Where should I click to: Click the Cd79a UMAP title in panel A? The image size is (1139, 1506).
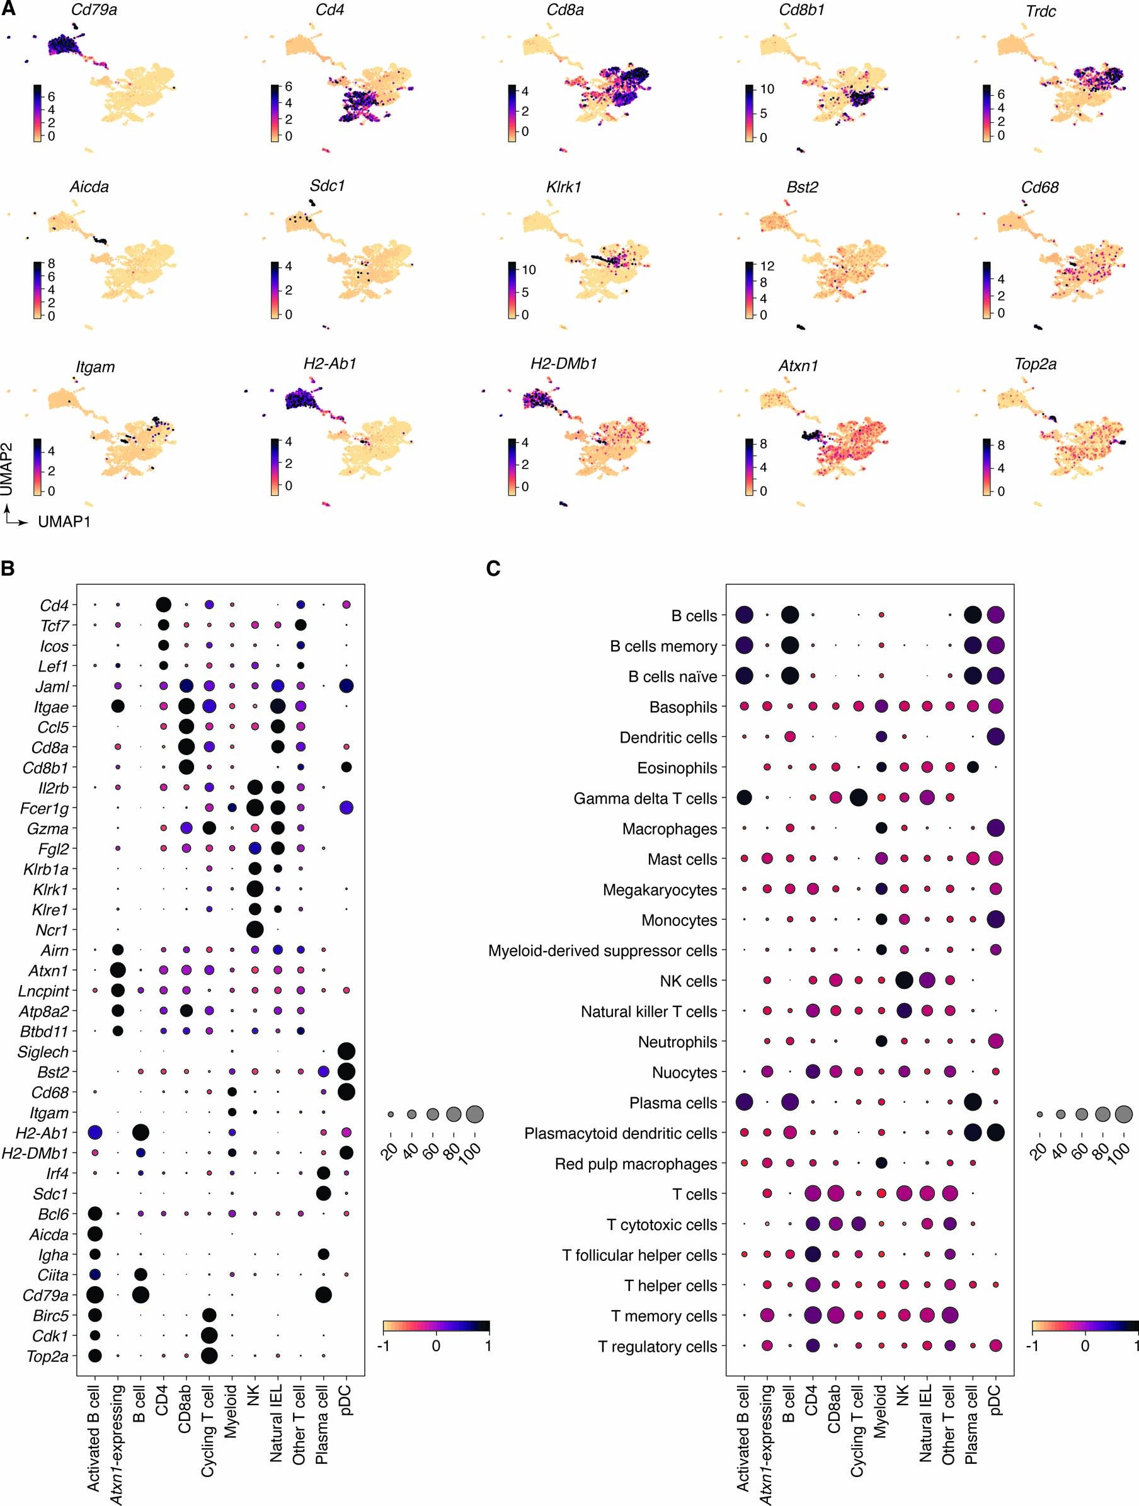click(94, 10)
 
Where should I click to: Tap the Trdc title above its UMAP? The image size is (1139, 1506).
click(1040, 11)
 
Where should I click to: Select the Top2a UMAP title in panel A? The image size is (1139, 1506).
click(1035, 364)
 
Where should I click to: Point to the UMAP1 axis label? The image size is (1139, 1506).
click(64, 522)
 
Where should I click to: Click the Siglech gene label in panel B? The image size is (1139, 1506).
click(43, 1052)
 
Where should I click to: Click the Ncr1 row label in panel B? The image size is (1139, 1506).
click(52, 930)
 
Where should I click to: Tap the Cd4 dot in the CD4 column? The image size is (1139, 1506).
click(163, 605)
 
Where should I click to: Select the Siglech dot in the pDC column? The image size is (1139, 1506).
click(346, 1051)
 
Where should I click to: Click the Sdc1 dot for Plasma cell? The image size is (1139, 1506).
click(323, 1194)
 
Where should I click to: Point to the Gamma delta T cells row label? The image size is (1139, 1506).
click(644, 799)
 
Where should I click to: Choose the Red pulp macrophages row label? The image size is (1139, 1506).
click(635, 1164)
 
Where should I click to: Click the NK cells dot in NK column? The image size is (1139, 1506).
click(904, 981)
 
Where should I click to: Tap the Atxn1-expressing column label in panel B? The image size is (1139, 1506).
click(117, 1444)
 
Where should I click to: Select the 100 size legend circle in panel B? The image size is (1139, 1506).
click(474, 1114)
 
